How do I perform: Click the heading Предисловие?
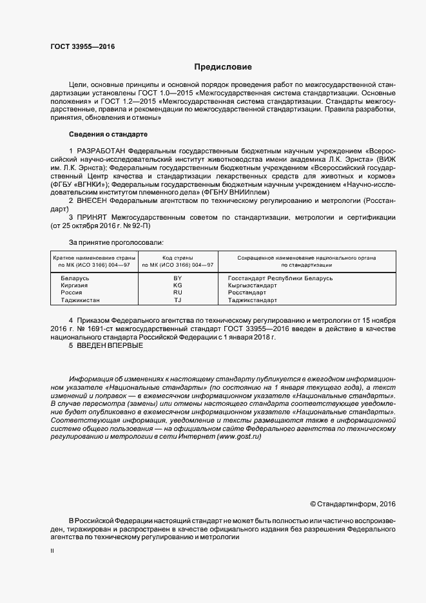coord(224,67)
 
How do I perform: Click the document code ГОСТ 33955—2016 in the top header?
coord(78,47)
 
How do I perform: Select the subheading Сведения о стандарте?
coord(108,134)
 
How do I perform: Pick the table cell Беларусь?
coord(75,278)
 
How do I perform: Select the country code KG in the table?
coord(178,285)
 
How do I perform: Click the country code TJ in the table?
coord(178,300)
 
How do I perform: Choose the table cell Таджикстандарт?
coord(253,300)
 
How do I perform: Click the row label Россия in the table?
coord(71,292)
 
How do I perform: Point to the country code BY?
coord(178,278)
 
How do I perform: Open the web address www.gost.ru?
coord(239,437)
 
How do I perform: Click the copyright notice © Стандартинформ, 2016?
coord(353,503)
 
